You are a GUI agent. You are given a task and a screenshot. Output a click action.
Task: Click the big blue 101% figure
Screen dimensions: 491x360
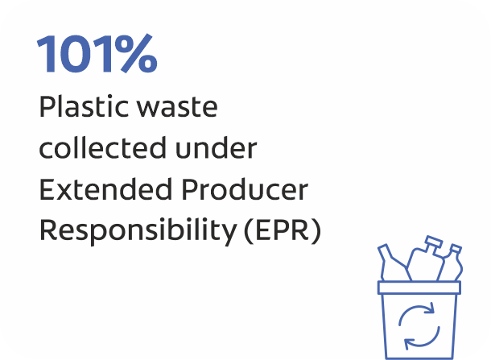click(x=97, y=54)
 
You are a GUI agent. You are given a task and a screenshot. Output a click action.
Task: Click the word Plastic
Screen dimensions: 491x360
click(x=83, y=106)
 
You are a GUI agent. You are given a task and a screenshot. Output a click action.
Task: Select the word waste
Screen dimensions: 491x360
click(x=178, y=108)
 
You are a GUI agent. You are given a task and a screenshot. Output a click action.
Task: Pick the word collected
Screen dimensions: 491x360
click(x=102, y=147)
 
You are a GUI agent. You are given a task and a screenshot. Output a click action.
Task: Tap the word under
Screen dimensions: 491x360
click(x=216, y=147)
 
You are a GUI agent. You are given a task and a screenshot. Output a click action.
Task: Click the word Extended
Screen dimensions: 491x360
click(x=105, y=189)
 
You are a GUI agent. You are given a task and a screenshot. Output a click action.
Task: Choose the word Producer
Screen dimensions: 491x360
click(x=245, y=189)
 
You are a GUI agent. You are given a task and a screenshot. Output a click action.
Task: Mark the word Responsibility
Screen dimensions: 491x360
click(x=138, y=231)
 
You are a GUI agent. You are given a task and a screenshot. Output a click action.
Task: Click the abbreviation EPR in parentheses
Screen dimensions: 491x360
click(x=283, y=230)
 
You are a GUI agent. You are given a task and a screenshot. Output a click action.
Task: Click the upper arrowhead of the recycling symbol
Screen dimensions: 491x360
click(x=430, y=308)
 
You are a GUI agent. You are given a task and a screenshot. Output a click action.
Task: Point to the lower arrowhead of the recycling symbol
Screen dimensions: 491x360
click(x=409, y=344)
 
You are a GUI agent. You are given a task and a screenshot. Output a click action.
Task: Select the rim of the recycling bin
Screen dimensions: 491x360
click(x=419, y=288)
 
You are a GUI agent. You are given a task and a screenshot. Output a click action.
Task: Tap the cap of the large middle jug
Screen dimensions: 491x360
click(x=433, y=242)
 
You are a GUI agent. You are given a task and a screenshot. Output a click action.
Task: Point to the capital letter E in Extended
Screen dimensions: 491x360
click(x=47, y=190)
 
